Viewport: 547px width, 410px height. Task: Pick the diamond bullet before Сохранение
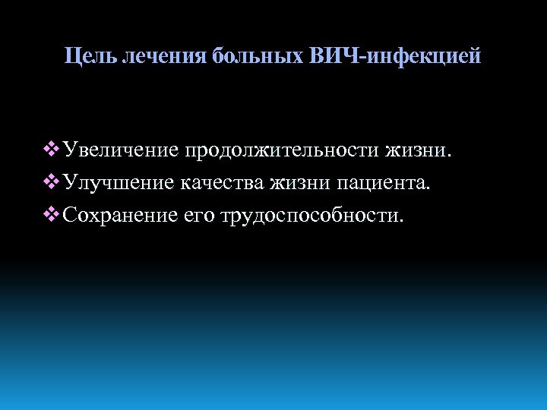click(x=52, y=216)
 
